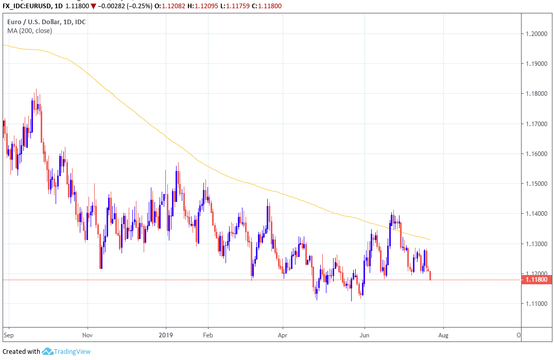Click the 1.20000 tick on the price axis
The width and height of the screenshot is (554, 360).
tap(535, 34)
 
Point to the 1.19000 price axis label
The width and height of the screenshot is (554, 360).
tap(535, 64)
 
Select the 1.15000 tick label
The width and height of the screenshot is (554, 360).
tap(535, 184)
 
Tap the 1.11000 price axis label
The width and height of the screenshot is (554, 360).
tap(535, 304)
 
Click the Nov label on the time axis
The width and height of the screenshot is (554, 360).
tap(88, 334)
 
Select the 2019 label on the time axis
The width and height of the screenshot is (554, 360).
tap(166, 334)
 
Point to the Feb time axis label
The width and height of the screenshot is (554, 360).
tap(207, 334)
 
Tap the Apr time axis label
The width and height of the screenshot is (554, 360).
tap(283, 334)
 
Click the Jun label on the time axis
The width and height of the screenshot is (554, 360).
tap(365, 334)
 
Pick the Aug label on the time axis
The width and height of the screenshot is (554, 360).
tap(443, 334)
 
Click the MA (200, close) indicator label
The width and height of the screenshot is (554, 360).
tap(29, 31)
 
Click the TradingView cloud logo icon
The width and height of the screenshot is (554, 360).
tap(48, 351)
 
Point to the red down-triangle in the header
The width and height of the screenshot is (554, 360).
tap(93, 6)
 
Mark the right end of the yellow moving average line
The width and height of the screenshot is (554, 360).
tap(430, 239)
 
